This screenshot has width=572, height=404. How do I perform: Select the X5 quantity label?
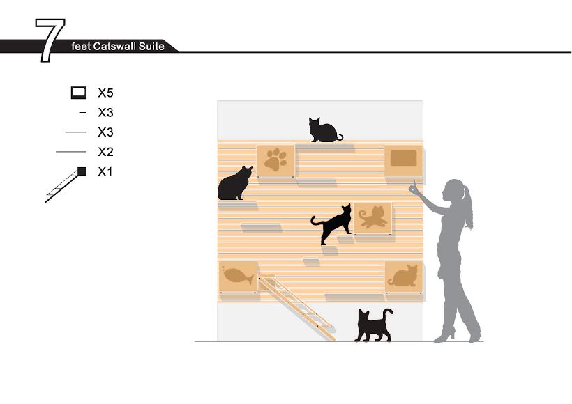click(x=105, y=93)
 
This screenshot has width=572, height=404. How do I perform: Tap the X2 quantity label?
click(x=105, y=152)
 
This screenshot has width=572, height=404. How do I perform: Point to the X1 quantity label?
click(x=105, y=171)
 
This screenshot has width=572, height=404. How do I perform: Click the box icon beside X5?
click(x=79, y=93)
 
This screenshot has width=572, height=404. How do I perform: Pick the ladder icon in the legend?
click(x=66, y=185)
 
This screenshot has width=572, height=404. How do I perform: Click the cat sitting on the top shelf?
click(x=324, y=130)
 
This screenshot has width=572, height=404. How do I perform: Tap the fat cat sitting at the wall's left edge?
click(x=234, y=183)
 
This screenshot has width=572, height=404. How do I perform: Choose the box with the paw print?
click(x=276, y=161)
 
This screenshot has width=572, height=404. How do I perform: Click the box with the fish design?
click(x=237, y=277)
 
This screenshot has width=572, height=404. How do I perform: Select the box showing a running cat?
click(x=372, y=218)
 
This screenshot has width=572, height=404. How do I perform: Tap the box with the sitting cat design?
click(x=404, y=277)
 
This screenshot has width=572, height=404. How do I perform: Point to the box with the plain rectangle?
click(x=404, y=161)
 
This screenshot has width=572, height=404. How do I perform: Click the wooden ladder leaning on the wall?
click(x=296, y=307)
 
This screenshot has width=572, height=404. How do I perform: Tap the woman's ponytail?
click(x=467, y=205)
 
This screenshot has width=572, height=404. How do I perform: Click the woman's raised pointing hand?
click(x=414, y=187)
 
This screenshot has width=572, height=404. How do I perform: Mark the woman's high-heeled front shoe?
click(x=444, y=336)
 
